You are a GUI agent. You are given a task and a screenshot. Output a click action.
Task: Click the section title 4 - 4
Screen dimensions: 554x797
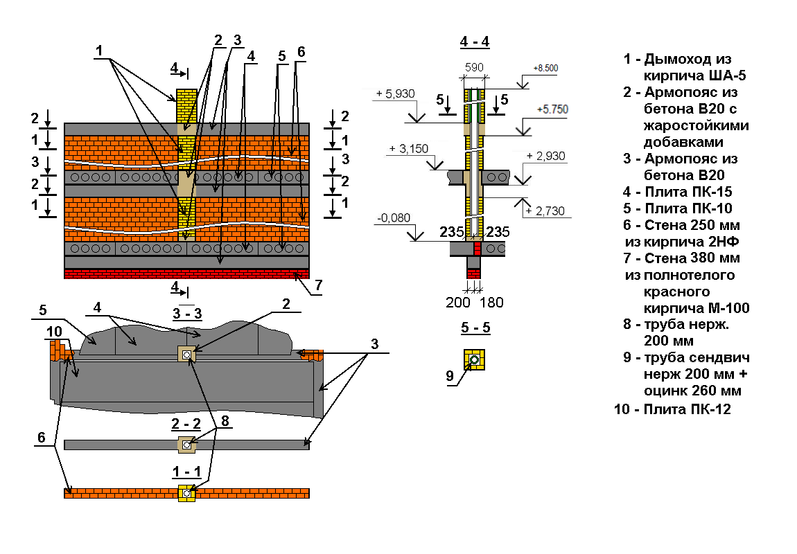tap(474, 42)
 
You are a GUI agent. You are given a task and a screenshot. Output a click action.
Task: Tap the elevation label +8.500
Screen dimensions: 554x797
tap(545, 68)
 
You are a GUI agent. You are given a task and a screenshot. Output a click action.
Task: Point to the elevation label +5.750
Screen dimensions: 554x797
tap(553, 110)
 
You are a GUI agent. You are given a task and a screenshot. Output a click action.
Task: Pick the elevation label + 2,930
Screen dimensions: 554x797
tap(547, 156)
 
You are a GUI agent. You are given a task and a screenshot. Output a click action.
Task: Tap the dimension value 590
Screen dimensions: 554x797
tap(474, 67)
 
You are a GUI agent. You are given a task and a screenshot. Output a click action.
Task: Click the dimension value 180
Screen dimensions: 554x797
tap(491, 303)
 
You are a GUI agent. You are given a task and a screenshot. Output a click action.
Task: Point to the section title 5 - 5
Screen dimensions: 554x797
tap(475, 328)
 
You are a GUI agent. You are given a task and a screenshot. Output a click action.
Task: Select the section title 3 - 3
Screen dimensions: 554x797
tap(186, 314)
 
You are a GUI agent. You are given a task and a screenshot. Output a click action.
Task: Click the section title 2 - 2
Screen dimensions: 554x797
tap(186, 423)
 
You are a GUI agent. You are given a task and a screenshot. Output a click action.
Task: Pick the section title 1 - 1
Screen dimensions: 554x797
tap(186, 472)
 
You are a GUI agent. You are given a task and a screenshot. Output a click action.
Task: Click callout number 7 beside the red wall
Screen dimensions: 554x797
tap(318, 285)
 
